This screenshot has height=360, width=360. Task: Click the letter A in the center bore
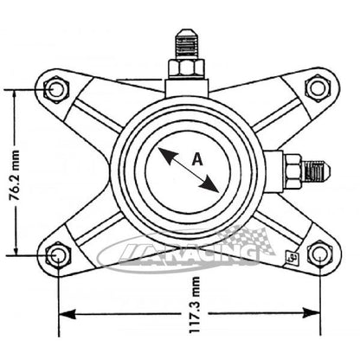[196, 158]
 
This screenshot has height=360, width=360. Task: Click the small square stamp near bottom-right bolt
[292, 257]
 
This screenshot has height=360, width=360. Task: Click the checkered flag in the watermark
[238, 235]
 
